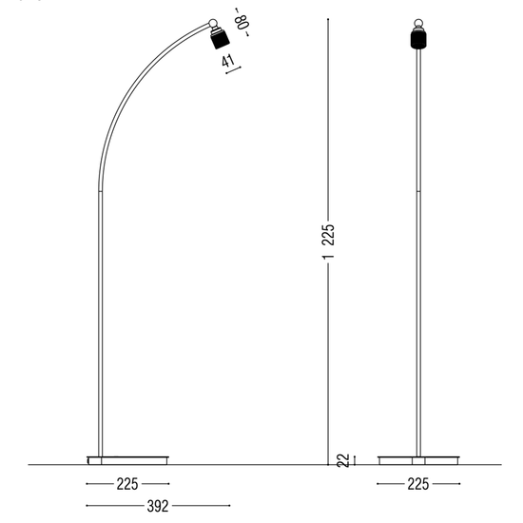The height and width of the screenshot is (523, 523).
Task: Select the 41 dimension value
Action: pos(228,61)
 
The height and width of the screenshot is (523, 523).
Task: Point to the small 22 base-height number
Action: pos(341,460)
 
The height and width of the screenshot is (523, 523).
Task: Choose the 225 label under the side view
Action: pos(127,484)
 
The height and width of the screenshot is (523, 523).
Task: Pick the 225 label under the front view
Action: pos(416,484)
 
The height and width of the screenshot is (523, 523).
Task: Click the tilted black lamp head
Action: pos(219,41)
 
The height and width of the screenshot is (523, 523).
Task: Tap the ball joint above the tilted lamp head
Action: pos(214,25)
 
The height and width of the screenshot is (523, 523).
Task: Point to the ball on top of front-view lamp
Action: pos(416,23)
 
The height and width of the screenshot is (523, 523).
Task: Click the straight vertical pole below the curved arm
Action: pos(100,323)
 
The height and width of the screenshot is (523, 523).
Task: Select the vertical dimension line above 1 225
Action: pos(328,114)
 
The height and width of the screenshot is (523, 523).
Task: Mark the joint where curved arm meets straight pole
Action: pos(100,189)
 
